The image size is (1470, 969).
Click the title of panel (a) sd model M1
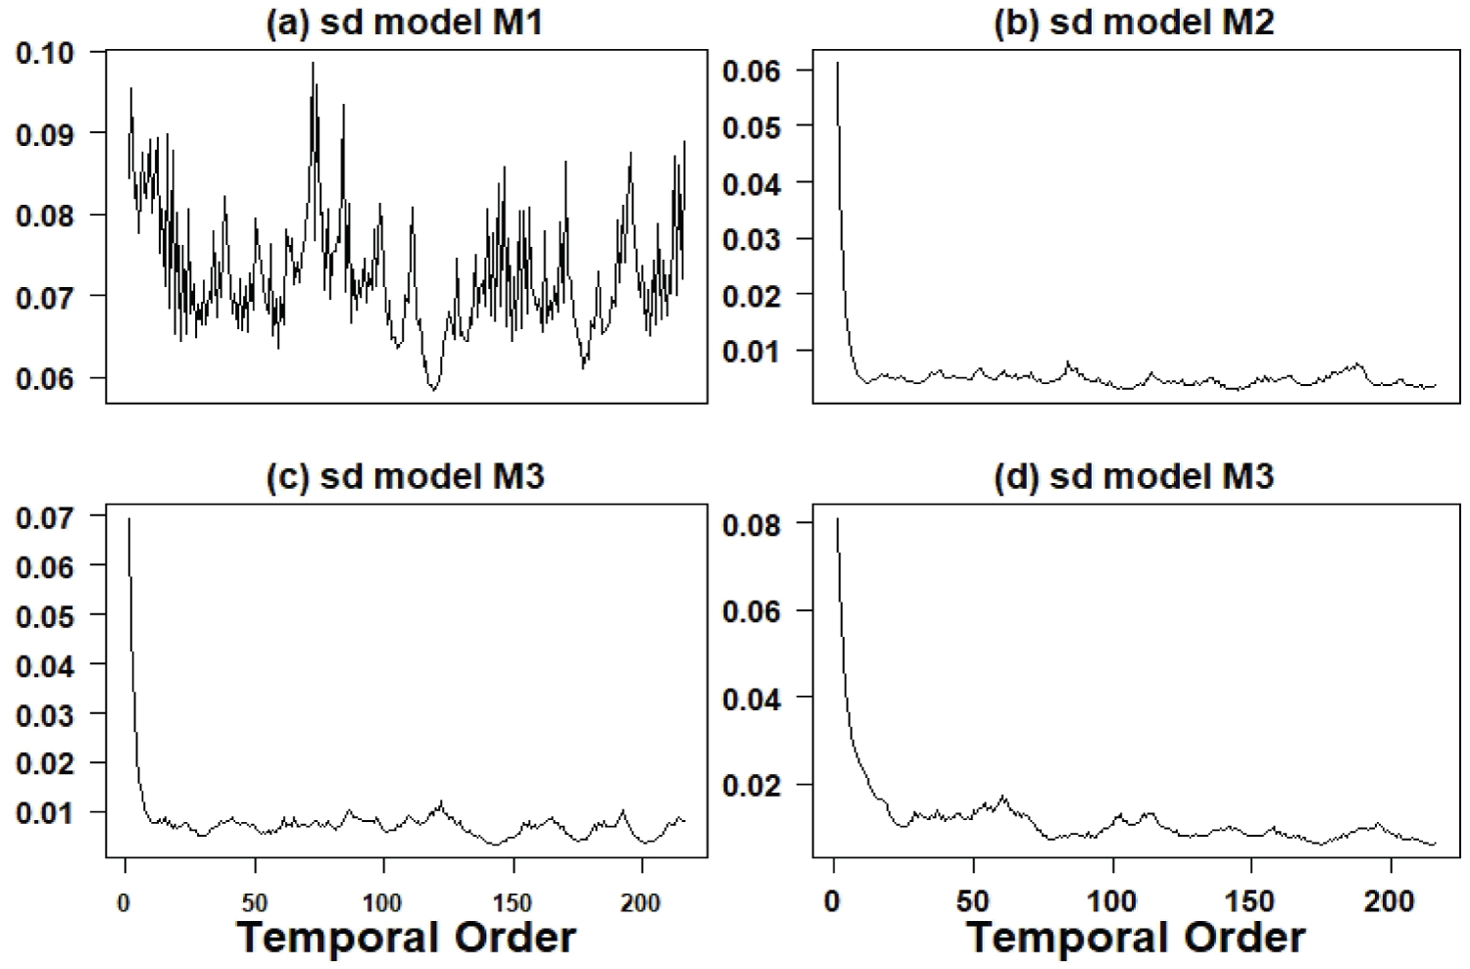[405, 23]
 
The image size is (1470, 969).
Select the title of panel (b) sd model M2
[1134, 23]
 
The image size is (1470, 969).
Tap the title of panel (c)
[405, 476]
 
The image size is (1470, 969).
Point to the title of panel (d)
[1134, 476]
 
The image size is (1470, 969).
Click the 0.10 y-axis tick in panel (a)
[46, 52]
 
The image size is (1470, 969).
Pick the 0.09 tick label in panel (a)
[46, 133]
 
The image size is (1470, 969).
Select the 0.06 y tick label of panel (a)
[46, 378]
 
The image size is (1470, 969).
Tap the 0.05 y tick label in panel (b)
[752, 126]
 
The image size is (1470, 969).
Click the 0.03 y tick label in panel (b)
[752, 239]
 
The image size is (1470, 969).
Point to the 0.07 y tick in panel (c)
[46, 516]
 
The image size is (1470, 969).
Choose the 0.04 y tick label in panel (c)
[46, 664]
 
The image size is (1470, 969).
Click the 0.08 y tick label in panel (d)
[752, 524]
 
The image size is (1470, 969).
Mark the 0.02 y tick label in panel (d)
[752, 786]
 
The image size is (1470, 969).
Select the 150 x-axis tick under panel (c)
[513, 902]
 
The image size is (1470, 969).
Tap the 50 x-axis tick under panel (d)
[973, 901]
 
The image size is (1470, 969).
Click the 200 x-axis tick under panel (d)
[1390, 901]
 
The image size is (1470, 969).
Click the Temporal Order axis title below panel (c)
[406, 938]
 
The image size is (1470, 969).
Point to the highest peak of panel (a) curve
[314, 63]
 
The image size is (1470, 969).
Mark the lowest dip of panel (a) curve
[433, 390]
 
